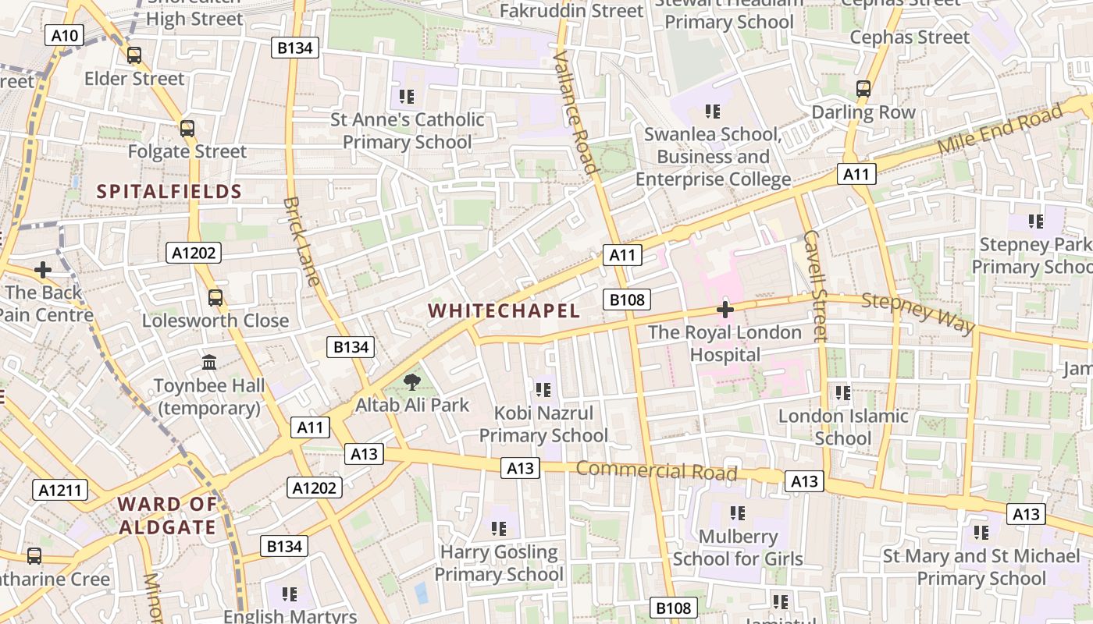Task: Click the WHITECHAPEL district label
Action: coord(504,310)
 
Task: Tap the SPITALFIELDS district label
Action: coord(169,191)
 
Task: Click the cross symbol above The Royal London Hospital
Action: coord(725,310)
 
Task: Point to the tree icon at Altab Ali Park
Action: coord(411,382)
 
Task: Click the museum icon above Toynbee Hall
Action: coord(209,363)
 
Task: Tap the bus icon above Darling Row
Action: coord(863,89)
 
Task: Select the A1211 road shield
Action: coord(60,490)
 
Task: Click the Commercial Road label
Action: coord(657,470)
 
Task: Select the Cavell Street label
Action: coord(814,285)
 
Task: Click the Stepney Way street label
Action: coord(918,312)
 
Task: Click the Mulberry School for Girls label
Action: coord(738,548)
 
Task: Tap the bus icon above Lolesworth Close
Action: coord(215,298)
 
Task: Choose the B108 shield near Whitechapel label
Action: coord(627,300)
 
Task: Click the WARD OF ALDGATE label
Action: coord(167,516)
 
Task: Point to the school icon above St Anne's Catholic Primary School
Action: coord(406,97)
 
